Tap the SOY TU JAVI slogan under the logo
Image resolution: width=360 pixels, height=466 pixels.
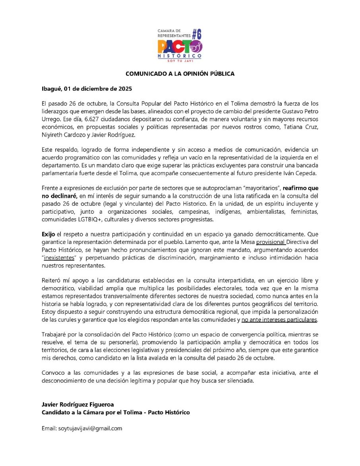[x=180, y=62]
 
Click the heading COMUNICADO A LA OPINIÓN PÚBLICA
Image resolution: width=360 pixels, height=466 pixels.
[x=180, y=74]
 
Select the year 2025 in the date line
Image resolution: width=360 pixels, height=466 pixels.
[x=124, y=88]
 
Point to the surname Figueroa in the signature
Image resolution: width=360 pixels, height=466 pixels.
[x=98, y=404]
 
